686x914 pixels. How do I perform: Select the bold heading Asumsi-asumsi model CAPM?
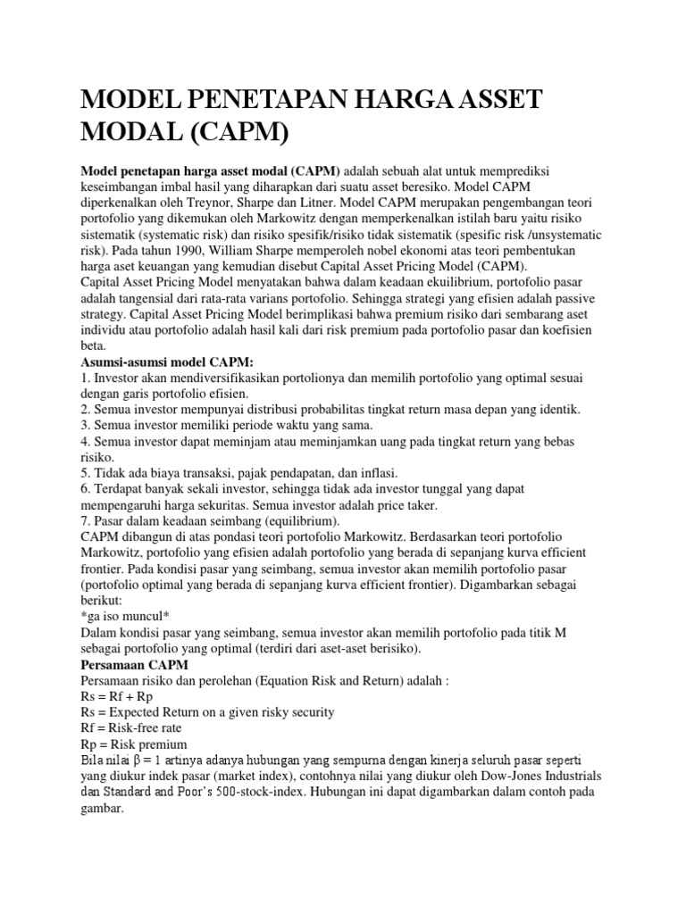(168, 361)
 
